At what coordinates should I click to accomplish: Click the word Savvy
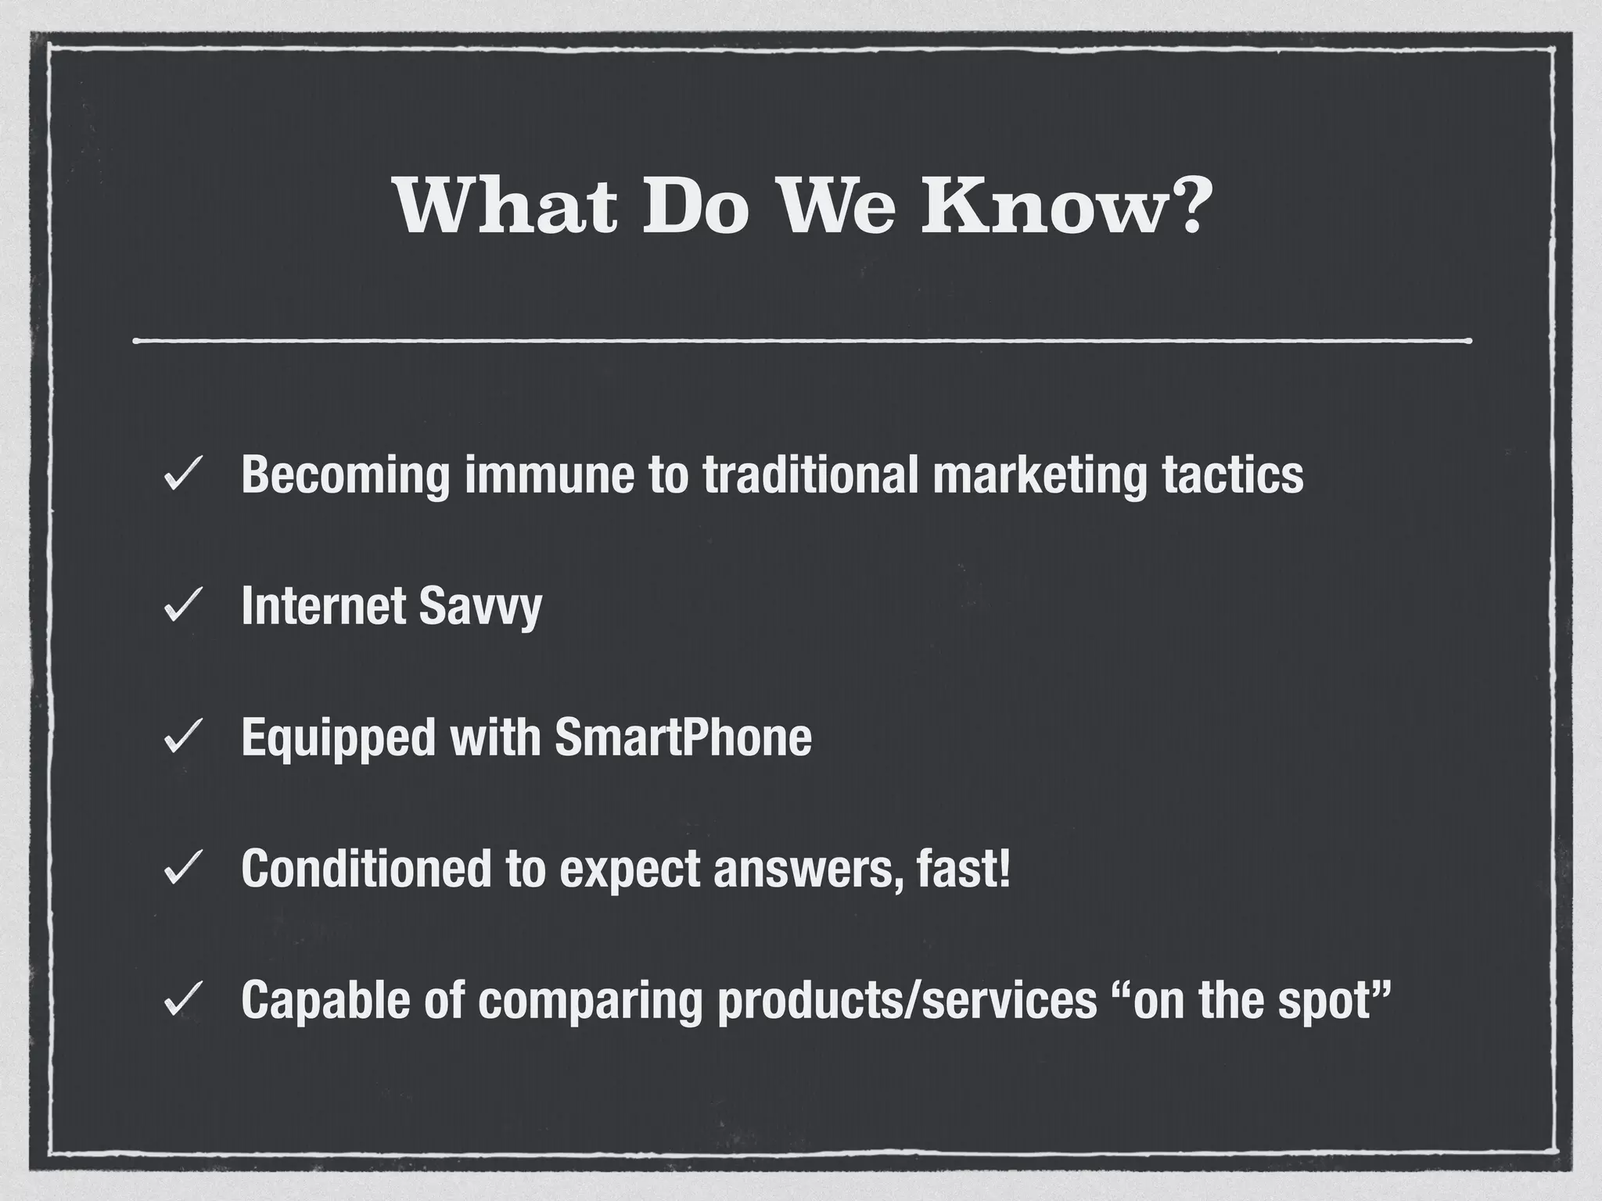[480, 607]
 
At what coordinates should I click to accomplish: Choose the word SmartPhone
[683, 737]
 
